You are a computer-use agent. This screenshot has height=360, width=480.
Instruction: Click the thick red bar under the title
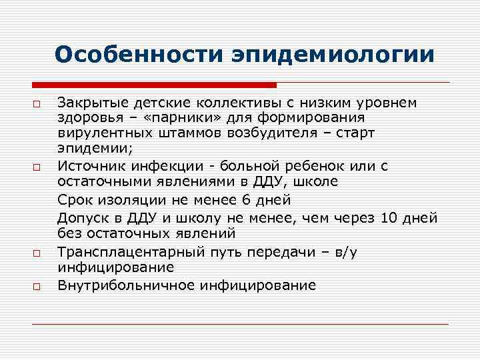click(154, 85)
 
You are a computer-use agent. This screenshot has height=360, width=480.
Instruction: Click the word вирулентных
click(94, 133)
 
